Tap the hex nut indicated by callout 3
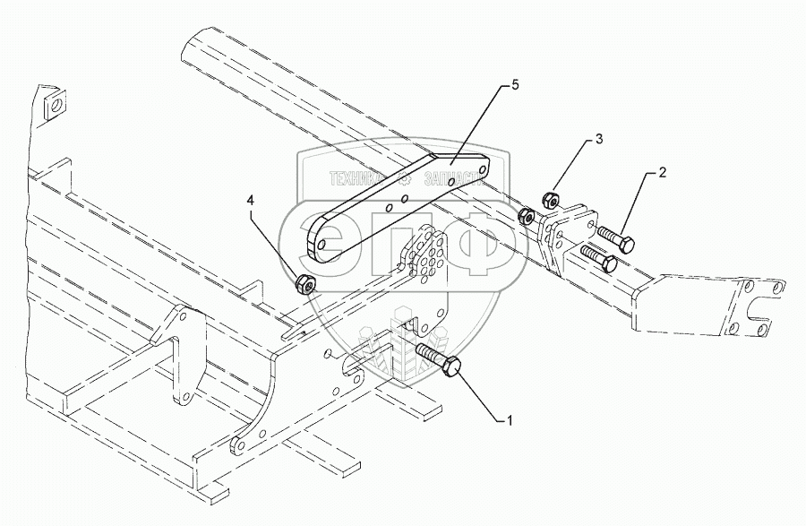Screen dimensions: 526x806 552,198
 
